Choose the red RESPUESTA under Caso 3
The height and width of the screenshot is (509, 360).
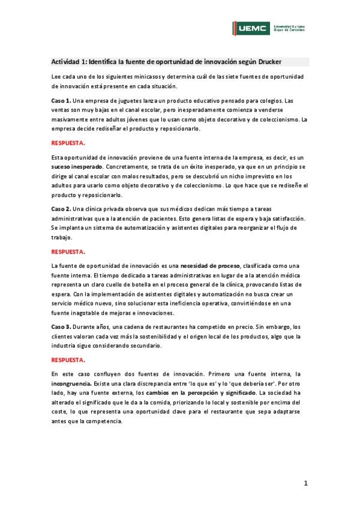pyautogui.click(x=68, y=360)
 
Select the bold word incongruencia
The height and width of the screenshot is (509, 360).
pyautogui.click(x=73, y=382)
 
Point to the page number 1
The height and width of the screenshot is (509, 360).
pyautogui.click(x=305, y=483)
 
